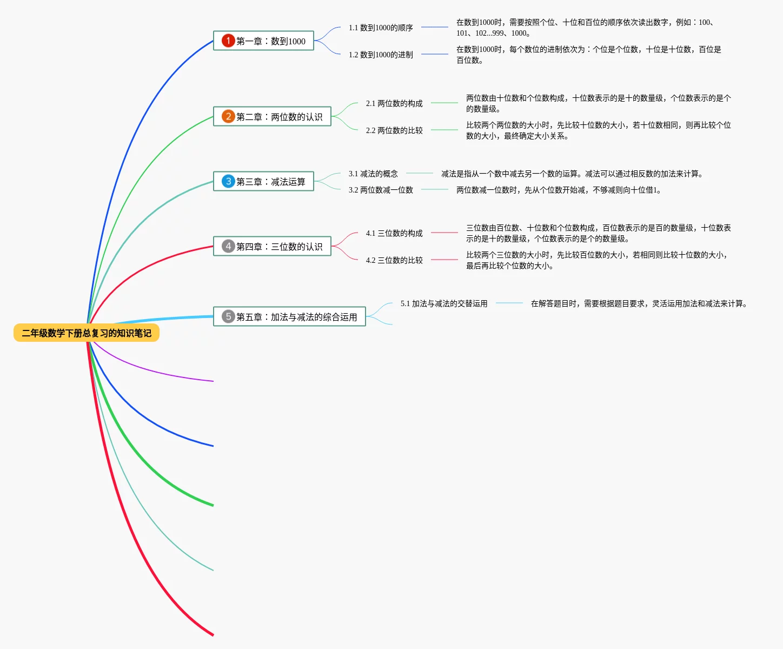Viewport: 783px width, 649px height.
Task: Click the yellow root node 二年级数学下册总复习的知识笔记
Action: [87, 333]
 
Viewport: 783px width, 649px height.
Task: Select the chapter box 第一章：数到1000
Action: [264, 41]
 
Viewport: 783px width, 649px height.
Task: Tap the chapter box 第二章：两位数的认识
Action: [273, 117]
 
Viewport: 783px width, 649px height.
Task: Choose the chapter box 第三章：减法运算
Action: [264, 182]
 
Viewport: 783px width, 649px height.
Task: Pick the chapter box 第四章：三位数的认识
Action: [273, 247]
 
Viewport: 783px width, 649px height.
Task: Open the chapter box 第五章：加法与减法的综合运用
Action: [290, 317]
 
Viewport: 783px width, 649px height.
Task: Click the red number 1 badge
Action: [228, 41]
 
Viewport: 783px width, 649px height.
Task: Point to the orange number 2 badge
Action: [228, 116]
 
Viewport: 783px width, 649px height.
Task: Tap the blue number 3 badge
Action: [228, 181]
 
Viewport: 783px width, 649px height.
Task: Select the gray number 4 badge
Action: [228, 246]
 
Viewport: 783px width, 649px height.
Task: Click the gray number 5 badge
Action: [228, 316]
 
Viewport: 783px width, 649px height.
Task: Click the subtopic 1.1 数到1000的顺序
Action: [381, 28]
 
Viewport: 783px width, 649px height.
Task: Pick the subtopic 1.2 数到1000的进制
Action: [381, 55]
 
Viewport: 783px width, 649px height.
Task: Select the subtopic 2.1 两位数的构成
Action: [394, 103]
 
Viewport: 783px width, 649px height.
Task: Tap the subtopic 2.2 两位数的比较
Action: [394, 130]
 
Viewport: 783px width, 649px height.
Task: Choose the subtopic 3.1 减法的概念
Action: [373, 174]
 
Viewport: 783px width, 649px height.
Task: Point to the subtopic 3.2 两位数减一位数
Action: [381, 190]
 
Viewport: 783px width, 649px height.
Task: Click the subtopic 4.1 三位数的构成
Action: [394, 233]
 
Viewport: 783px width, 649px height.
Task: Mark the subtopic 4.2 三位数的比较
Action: [394, 260]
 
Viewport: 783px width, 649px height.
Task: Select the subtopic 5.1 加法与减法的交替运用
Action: [444, 303]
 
